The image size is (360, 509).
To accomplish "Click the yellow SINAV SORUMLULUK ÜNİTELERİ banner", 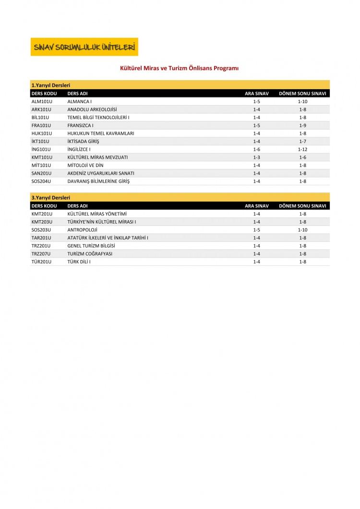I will pos(84,47).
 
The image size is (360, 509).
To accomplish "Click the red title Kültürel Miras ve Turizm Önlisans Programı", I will pos(179,69).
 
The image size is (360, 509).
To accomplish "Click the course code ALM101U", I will pos(41,101).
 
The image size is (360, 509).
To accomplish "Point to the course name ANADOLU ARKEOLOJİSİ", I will pos(92,109).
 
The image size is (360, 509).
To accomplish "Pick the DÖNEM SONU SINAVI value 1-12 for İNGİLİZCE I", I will pos(302,149).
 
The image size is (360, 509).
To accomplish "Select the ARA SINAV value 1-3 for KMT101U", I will pos(256,157).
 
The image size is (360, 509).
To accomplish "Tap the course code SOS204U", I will pos(41,181).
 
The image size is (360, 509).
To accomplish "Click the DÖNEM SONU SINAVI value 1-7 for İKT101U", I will pos(302,142).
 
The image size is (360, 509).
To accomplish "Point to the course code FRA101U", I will pos(41,125).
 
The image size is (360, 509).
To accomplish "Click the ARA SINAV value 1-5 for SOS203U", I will pos(256,230).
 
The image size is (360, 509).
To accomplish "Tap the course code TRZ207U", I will pos(41,254).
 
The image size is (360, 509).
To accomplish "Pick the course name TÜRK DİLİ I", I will pos(79,262).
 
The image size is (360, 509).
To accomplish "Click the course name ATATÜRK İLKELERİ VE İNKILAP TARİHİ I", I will pos(108,237).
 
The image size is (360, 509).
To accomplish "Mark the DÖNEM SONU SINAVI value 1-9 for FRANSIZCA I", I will pos(302,125).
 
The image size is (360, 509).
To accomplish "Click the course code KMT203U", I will pos(41,222).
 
